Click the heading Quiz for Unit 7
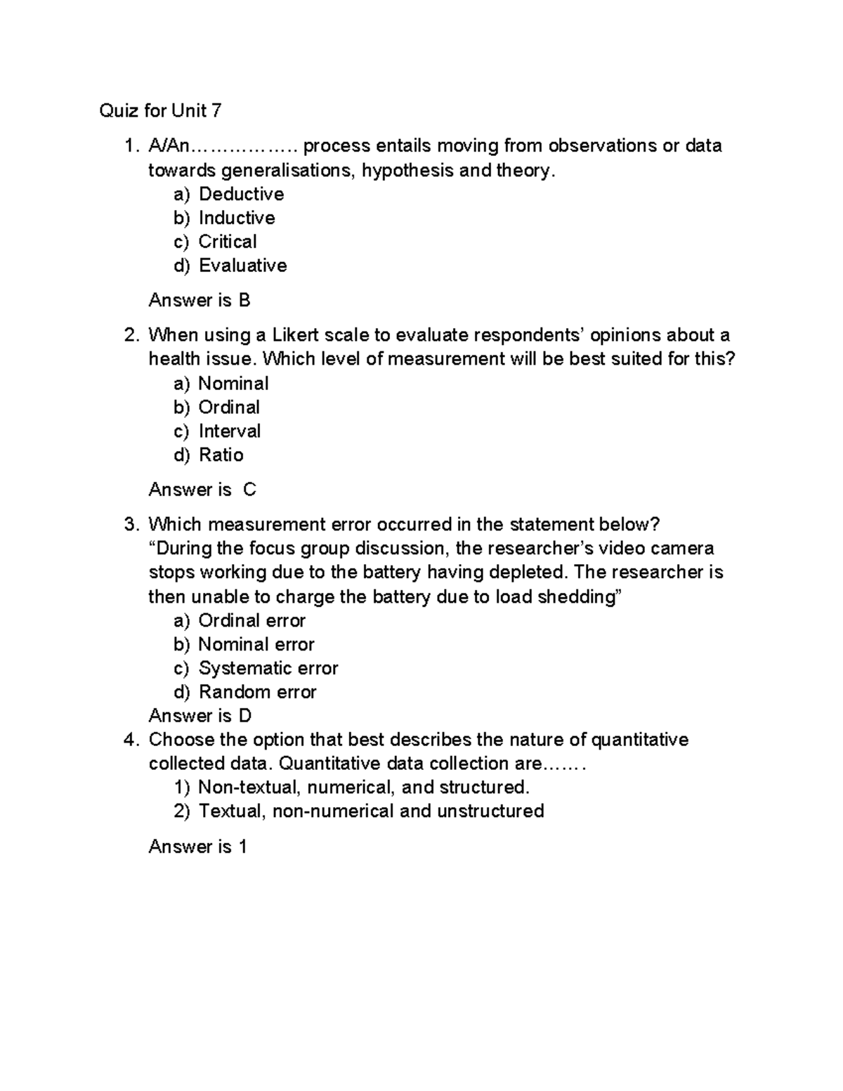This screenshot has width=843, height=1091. click(x=160, y=110)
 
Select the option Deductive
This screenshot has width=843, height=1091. click(x=241, y=194)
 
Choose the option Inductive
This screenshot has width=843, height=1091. click(x=237, y=218)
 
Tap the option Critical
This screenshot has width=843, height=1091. click(x=228, y=242)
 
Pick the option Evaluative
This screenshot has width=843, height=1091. click(x=242, y=266)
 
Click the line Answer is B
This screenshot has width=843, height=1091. click(x=200, y=301)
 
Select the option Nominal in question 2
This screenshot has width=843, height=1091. click(x=233, y=384)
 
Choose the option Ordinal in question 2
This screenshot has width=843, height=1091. click(x=229, y=407)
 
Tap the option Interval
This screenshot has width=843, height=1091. click(x=230, y=431)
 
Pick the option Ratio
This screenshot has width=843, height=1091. click(x=221, y=455)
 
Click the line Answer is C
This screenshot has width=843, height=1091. click(x=202, y=490)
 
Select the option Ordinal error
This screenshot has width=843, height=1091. click(x=251, y=621)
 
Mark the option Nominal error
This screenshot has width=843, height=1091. click(x=256, y=645)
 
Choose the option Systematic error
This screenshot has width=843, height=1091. click(x=268, y=668)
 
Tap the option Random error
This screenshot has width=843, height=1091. click(x=257, y=692)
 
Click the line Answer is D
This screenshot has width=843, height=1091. click(x=200, y=716)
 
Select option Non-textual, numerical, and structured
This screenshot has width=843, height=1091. click(x=364, y=787)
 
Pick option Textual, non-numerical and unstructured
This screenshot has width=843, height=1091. click(x=371, y=811)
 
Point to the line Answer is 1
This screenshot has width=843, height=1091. click(x=197, y=847)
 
